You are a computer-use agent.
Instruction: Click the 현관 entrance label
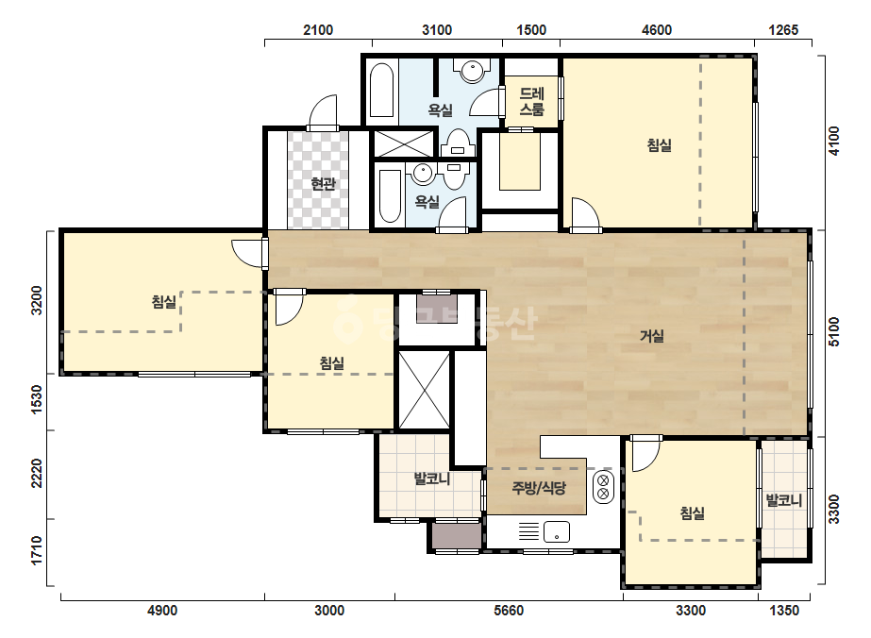pos(324,183)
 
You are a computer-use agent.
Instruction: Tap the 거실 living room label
pos(652,336)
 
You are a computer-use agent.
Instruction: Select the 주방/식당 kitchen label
pos(539,488)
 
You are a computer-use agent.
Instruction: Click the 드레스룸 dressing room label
pos(531,101)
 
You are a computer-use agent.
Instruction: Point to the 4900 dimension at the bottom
pos(162,611)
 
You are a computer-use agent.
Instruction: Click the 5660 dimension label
pos(509,611)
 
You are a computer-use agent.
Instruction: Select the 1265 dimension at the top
pos(783,29)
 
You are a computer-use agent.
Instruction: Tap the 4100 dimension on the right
pos(834,142)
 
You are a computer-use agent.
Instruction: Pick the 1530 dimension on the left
pos(36,399)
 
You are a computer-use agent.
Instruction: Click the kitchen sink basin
pos(557,532)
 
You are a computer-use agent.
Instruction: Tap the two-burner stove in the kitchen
pos(604,487)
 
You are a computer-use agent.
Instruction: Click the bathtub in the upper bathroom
pos(381,91)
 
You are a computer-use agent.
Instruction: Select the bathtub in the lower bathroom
pos(390,196)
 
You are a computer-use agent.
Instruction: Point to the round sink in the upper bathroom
pos(472,71)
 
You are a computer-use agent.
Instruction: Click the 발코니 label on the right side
pos(784,500)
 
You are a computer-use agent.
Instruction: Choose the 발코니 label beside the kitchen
pos(432,478)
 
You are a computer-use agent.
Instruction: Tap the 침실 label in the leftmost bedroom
pos(164,302)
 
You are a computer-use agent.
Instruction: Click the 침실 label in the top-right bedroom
pos(660,145)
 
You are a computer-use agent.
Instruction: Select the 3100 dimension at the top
pos(437,29)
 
